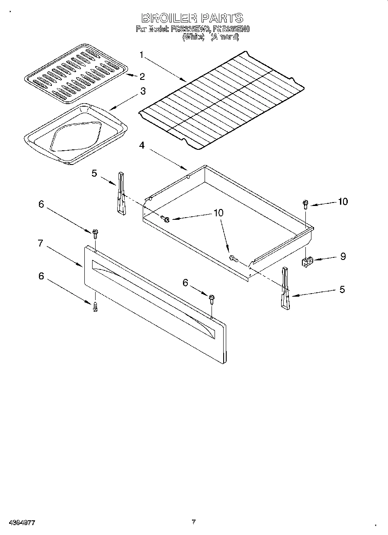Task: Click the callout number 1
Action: tap(141, 55)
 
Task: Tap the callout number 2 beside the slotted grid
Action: tap(141, 76)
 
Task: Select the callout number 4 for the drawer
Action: tap(141, 146)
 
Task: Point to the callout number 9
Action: tap(343, 256)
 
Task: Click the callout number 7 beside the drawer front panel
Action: tap(40, 244)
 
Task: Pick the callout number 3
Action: tap(142, 91)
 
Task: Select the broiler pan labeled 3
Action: tap(76, 134)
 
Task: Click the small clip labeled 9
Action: tap(307, 261)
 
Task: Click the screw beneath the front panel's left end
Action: tap(95, 307)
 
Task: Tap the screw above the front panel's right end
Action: tap(212, 299)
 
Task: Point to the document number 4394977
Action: tap(22, 522)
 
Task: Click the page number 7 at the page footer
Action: tap(193, 521)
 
